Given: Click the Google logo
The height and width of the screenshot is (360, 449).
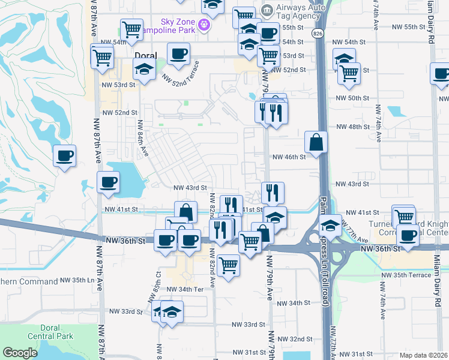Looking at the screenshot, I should (20, 353).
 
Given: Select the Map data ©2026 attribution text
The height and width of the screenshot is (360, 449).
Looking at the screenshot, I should (423, 355).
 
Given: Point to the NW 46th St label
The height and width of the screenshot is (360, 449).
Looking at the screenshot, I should (289, 157).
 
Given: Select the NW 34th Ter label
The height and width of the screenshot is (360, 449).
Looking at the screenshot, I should (190, 289).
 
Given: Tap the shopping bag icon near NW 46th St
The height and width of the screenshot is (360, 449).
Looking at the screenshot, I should (316, 143).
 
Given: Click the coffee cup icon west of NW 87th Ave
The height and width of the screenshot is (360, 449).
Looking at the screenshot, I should (65, 157).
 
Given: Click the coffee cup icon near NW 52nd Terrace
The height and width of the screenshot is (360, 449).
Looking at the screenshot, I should (178, 55).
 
